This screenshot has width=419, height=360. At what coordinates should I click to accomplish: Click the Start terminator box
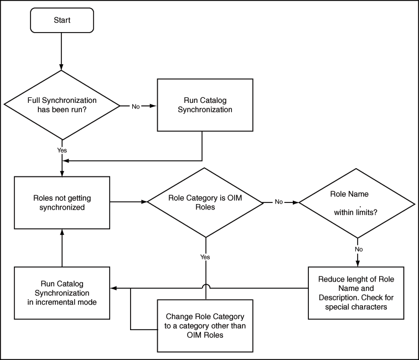tap(62, 20)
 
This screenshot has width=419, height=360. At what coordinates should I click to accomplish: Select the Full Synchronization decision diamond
tap(62, 105)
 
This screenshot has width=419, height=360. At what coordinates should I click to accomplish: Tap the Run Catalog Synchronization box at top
tap(205, 105)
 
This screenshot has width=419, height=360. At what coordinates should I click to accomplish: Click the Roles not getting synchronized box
tap(62, 202)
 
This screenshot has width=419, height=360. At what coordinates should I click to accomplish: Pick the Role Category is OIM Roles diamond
tap(205, 202)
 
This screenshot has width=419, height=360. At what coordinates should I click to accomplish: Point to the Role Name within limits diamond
tap(357, 203)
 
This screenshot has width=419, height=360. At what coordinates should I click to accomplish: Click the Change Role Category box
tap(205, 326)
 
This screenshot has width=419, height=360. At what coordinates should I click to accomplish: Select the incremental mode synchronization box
tap(62, 293)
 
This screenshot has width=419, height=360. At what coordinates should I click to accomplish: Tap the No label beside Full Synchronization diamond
tap(136, 106)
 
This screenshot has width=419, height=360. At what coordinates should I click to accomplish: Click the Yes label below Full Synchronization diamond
tap(62, 150)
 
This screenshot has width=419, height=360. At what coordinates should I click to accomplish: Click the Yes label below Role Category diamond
tap(205, 257)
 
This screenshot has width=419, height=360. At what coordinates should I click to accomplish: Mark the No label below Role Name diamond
tap(358, 249)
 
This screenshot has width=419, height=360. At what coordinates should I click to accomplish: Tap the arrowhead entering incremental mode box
tap(113, 288)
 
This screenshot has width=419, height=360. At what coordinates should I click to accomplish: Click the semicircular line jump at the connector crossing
tap(205, 285)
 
